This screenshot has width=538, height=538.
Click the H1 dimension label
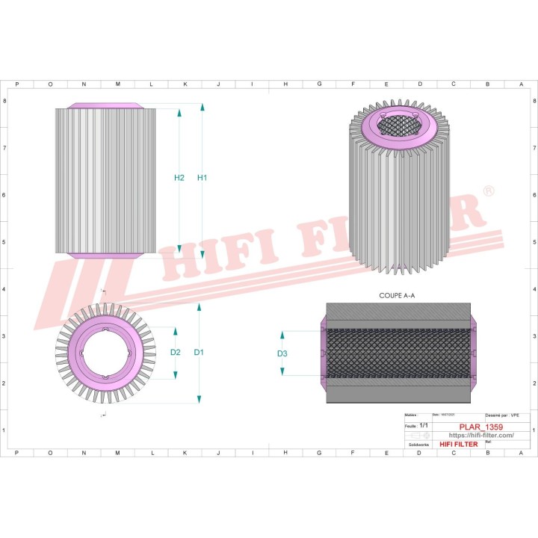(x=202, y=178)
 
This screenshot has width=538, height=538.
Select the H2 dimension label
(x=179, y=178)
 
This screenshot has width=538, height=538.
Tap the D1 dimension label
(x=199, y=352)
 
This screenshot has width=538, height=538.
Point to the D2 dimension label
(x=176, y=352)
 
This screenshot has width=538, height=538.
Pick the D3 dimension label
(x=282, y=353)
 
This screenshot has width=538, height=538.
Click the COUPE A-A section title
(x=398, y=296)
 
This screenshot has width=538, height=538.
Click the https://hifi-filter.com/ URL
(x=480, y=436)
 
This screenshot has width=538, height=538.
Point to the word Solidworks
(x=418, y=445)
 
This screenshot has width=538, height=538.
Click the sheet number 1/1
(x=424, y=424)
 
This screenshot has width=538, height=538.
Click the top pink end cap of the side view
(x=106, y=105)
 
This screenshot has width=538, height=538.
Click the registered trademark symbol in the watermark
(x=487, y=192)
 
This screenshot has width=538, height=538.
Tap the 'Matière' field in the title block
(x=410, y=414)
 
